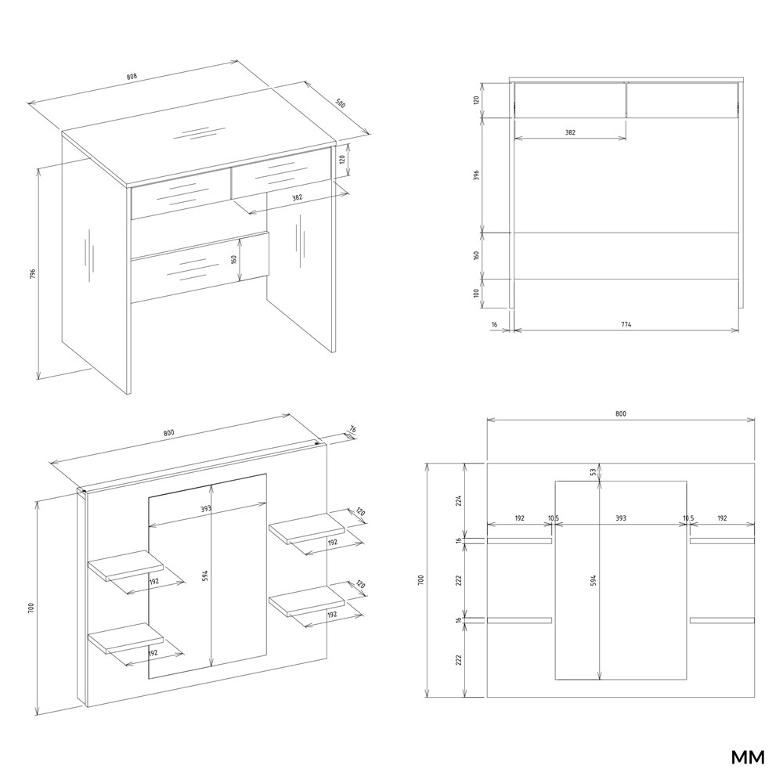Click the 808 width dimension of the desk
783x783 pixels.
point(132,77)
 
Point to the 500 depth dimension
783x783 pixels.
point(340,104)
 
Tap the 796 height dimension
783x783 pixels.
point(32,274)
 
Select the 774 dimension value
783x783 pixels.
point(626,324)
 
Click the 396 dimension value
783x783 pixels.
point(476,175)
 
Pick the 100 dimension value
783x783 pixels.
point(476,293)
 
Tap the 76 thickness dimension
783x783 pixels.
point(352,429)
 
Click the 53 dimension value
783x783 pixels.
point(594,471)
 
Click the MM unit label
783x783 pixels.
point(748,757)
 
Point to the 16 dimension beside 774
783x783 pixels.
point(494,324)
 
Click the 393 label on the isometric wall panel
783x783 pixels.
point(206,509)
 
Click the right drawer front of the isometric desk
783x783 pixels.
point(282,171)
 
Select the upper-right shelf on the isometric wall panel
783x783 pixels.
point(307,528)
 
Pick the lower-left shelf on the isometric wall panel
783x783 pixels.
point(126,639)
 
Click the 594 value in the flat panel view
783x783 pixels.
point(594,580)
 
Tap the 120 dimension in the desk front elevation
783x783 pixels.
point(476,100)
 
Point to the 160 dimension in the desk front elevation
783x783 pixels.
point(476,255)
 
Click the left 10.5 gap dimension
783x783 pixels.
point(554,518)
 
